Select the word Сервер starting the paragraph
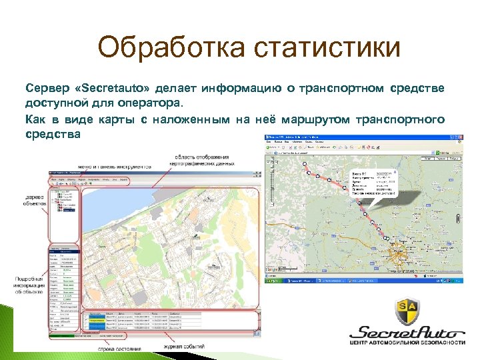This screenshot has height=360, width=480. (45, 89)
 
